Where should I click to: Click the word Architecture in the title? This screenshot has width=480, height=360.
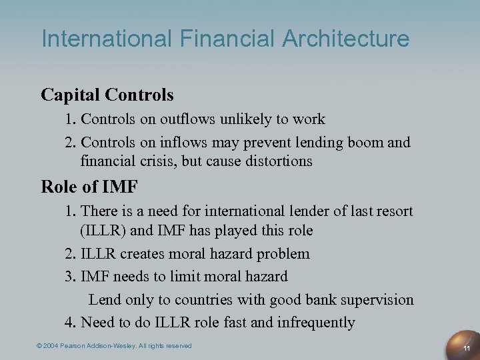click(346, 39)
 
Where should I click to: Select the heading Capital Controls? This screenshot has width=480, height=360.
click(107, 95)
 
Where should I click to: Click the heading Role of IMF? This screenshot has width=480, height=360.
click(89, 187)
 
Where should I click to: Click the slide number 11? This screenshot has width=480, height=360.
click(467, 348)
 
